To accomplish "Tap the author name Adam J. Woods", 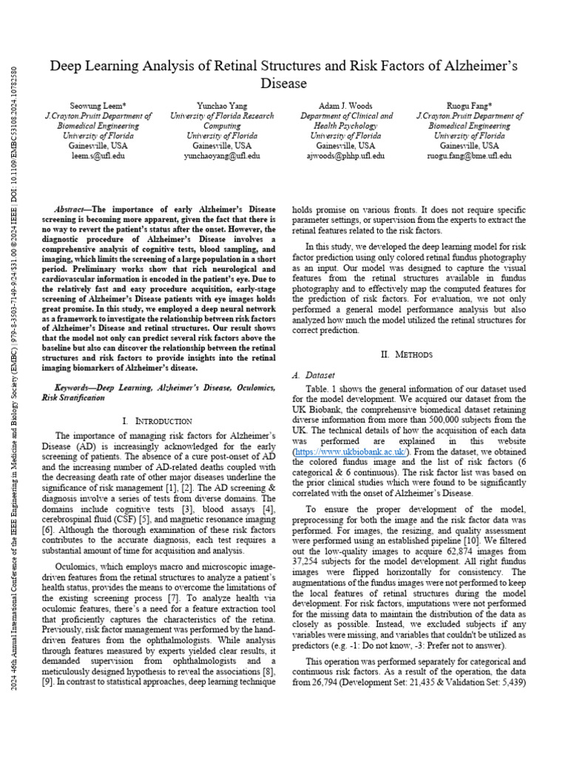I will click(346, 106).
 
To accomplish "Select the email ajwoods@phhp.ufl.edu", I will click(346, 156).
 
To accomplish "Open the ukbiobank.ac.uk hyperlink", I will click(350, 451).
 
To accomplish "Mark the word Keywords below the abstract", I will click(78, 387).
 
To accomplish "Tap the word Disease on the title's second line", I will click(284, 84).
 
